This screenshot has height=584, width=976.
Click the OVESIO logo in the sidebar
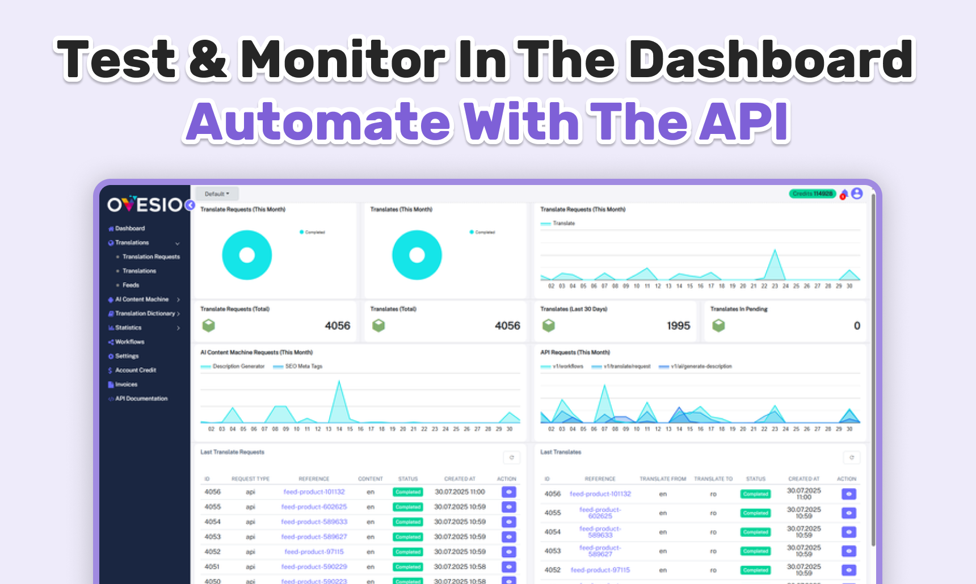(145, 204)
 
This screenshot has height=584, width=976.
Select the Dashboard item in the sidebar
(129, 228)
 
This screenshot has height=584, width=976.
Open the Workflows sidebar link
(129, 342)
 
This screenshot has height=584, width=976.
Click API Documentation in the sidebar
(141, 398)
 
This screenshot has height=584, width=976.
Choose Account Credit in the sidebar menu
(135, 370)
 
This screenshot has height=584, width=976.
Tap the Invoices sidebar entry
(126, 384)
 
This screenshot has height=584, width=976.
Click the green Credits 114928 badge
(812, 194)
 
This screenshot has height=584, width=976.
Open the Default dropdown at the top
(217, 194)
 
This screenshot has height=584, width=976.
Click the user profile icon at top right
(857, 194)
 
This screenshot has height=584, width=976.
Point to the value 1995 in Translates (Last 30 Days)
(678, 326)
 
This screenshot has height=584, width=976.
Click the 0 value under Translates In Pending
(857, 326)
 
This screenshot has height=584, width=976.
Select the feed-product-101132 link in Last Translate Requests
(314, 492)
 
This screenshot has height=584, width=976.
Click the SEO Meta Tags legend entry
(303, 367)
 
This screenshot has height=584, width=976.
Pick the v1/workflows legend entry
(567, 367)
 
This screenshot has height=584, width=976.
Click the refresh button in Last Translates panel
(851, 457)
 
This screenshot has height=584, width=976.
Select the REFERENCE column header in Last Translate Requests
(314, 479)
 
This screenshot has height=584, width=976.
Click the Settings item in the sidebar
(127, 356)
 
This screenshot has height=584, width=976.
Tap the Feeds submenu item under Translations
(131, 285)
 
